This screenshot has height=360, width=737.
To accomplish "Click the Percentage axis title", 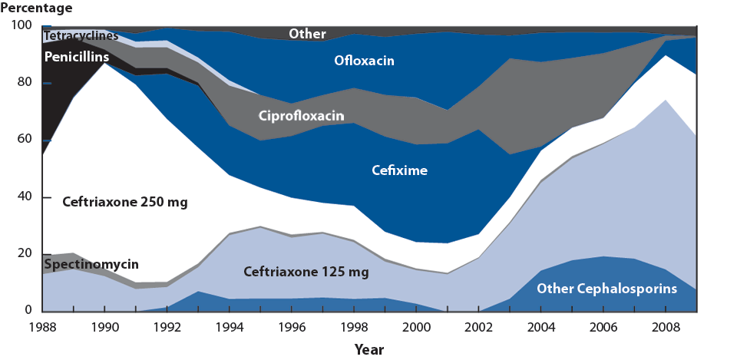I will point(38,8).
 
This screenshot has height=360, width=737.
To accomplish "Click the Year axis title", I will point(370,349).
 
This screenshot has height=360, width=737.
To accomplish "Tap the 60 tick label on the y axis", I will point(25,140).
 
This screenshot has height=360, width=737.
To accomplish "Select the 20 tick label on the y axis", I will point(25,254).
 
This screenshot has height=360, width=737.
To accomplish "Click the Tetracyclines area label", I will point(81,36).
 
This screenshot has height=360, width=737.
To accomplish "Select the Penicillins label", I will point(77,57).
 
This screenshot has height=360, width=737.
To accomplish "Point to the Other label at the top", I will point(307,34).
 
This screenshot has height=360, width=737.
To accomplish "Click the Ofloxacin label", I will point(364,59).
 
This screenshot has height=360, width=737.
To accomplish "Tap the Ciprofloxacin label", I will point(302,117).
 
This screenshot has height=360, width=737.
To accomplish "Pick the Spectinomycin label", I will point(91,265).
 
